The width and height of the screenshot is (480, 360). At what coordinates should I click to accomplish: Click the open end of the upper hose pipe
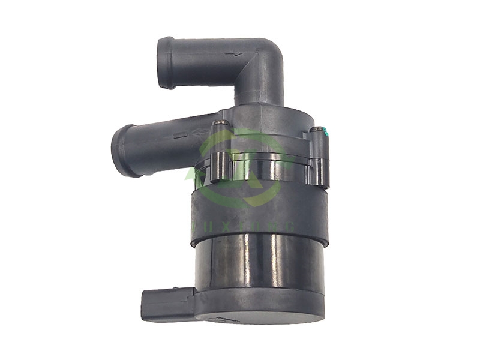(166, 62)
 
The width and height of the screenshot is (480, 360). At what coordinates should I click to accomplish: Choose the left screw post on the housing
(221, 156)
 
